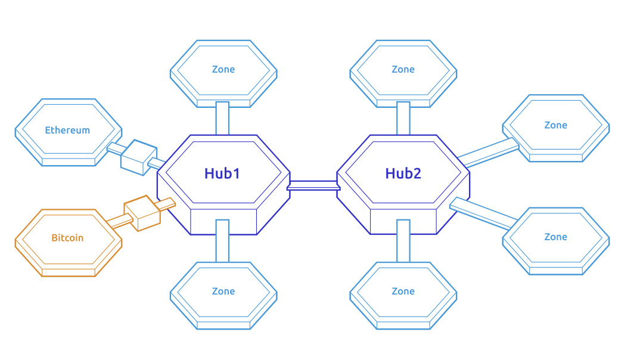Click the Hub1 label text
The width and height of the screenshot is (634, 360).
222,173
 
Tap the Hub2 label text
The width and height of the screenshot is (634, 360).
403,173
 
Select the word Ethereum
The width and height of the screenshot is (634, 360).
67,130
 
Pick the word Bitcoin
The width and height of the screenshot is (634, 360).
67,238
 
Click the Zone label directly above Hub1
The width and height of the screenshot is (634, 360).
223,69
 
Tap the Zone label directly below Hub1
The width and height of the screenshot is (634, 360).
223,291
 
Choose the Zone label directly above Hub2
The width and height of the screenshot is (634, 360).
403,69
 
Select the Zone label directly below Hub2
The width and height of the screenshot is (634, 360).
403,291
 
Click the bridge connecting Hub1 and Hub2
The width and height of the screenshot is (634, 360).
313,185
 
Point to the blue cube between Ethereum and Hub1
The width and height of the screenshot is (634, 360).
134,157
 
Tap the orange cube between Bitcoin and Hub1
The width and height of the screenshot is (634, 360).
142,213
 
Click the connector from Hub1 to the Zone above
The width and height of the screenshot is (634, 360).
222,118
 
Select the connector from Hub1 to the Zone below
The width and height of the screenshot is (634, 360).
222,241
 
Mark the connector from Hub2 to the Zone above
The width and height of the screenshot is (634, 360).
403,118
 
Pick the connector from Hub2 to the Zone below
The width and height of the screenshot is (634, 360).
403,241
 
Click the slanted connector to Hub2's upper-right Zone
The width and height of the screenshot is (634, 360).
489,153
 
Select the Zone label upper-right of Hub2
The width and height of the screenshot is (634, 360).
555,125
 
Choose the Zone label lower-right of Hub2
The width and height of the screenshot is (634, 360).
555,237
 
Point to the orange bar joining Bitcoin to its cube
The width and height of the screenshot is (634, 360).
120,221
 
